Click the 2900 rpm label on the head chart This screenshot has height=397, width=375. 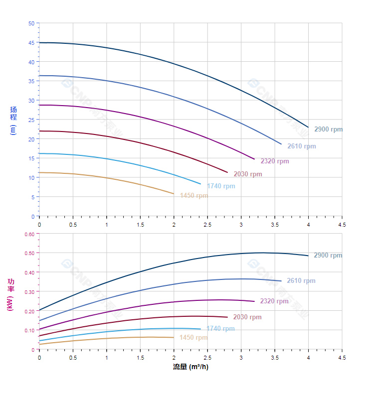pyautogui.click(x=328, y=129)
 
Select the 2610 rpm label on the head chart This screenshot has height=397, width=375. pyautogui.click(x=301, y=146)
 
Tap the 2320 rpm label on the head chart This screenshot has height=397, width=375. pyautogui.click(x=274, y=161)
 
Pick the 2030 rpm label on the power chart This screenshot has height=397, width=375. pyautogui.click(x=247, y=317)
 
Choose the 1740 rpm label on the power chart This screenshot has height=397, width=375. pyautogui.click(x=220, y=329)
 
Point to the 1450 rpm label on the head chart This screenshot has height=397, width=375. pyautogui.click(x=193, y=196)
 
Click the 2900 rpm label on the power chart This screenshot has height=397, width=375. pyautogui.click(x=328, y=256)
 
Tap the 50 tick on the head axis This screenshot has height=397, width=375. pyautogui.click(x=31, y=23)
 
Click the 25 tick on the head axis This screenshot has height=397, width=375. pyautogui.click(x=31, y=120)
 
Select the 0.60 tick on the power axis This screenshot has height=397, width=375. pyautogui.click(x=29, y=234)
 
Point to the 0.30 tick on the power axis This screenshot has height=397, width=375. pyautogui.click(x=29, y=292)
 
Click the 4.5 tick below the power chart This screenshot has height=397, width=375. pyautogui.click(x=342, y=358)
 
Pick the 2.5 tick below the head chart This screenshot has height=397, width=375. pyautogui.click(x=207, y=225)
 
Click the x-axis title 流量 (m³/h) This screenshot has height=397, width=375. pyautogui.click(x=190, y=367)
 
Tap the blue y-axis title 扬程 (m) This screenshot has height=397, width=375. pyautogui.click(x=13, y=120)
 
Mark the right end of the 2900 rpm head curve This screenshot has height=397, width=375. pyautogui.click(x=308, y=127)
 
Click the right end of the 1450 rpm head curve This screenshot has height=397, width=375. pyautogui.click(x=174, y=194)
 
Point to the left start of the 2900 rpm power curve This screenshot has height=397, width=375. pyautogui.click(x=39, y=310)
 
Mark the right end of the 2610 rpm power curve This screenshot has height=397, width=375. pyautogui.click(x=281, y=281)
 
